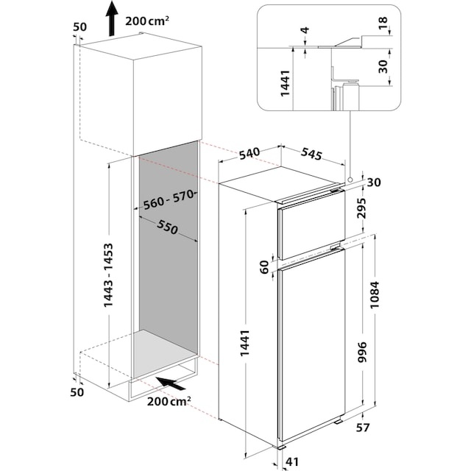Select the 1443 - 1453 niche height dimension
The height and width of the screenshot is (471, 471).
pyautogui.click(x=108, y=275)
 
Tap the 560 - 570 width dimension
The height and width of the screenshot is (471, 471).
pyautogui.click(x=167, y=199)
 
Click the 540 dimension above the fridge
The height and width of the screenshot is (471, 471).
pyautogui.click(x=249, y=154)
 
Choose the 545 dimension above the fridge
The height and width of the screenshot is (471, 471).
pyautogui.click(x=312, y=155)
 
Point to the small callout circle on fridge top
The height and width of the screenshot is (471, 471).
pyautogui.click(x=352, y=177)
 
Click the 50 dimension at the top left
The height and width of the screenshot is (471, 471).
pyautogui.click(x=80, y=27)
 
